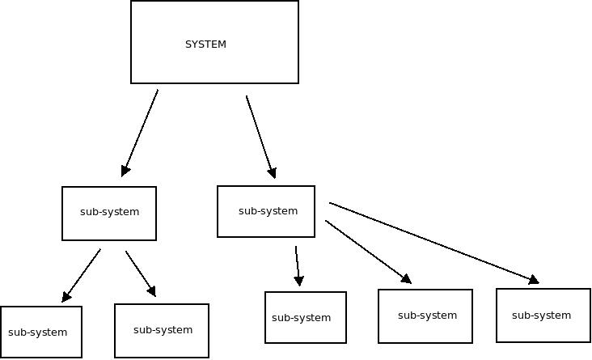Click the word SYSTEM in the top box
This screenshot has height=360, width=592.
click(205, 44)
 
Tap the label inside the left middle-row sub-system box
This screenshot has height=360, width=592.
click(109, 212)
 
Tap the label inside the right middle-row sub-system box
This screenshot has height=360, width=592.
click(268, 211)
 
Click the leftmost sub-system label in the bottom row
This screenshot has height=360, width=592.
click(37, 332)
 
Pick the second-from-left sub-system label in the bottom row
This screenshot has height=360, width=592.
click(163, 330)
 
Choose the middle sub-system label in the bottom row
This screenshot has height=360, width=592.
click(301, 318)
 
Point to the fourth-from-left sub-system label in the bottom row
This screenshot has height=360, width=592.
click(427, 316)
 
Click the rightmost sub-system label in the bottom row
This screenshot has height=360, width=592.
click(541, 316)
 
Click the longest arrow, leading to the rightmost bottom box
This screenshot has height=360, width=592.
click(433, 242)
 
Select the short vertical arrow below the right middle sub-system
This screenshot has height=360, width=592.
click(298, 265)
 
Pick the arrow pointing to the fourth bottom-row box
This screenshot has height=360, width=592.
click(368, 252)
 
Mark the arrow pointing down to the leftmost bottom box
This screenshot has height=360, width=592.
click(82, 275)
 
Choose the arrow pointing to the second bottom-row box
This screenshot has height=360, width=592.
click(140, 273)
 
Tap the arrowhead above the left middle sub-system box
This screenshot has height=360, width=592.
click(125, 171)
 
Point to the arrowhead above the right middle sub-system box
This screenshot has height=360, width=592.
click(273, 172)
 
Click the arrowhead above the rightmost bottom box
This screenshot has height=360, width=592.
click(533, 280)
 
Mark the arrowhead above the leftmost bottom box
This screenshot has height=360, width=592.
click(66, 297)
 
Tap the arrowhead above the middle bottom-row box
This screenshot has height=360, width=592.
click(299, 281)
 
